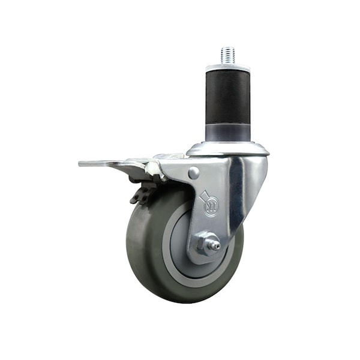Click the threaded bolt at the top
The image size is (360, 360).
[x=227, y=56]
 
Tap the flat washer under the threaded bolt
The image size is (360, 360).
[x=227, y=68]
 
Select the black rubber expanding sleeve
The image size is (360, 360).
[x=227, y=97]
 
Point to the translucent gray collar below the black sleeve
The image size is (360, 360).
[x=227, y=133]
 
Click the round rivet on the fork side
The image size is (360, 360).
[x=194, y=172]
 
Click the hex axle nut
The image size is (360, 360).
[x=205, y=244]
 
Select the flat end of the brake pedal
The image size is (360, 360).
[x=92, y=164]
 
